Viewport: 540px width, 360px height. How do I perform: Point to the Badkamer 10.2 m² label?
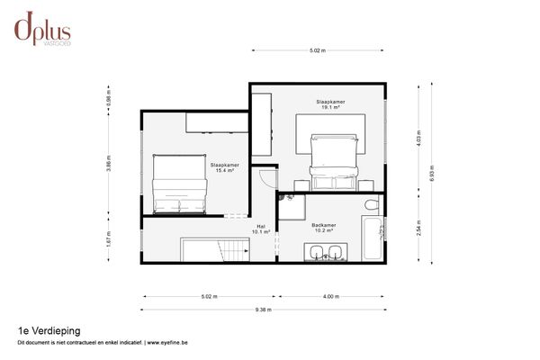pos(324,228)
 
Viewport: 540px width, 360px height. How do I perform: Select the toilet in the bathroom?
pos(370,207)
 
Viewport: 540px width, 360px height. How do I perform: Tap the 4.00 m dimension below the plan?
pos(330,296)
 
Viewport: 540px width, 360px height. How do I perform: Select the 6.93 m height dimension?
pos(432,172)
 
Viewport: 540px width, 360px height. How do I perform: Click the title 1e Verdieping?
pos(41,330)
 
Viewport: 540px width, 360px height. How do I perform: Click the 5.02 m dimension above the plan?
pos(317,50)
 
